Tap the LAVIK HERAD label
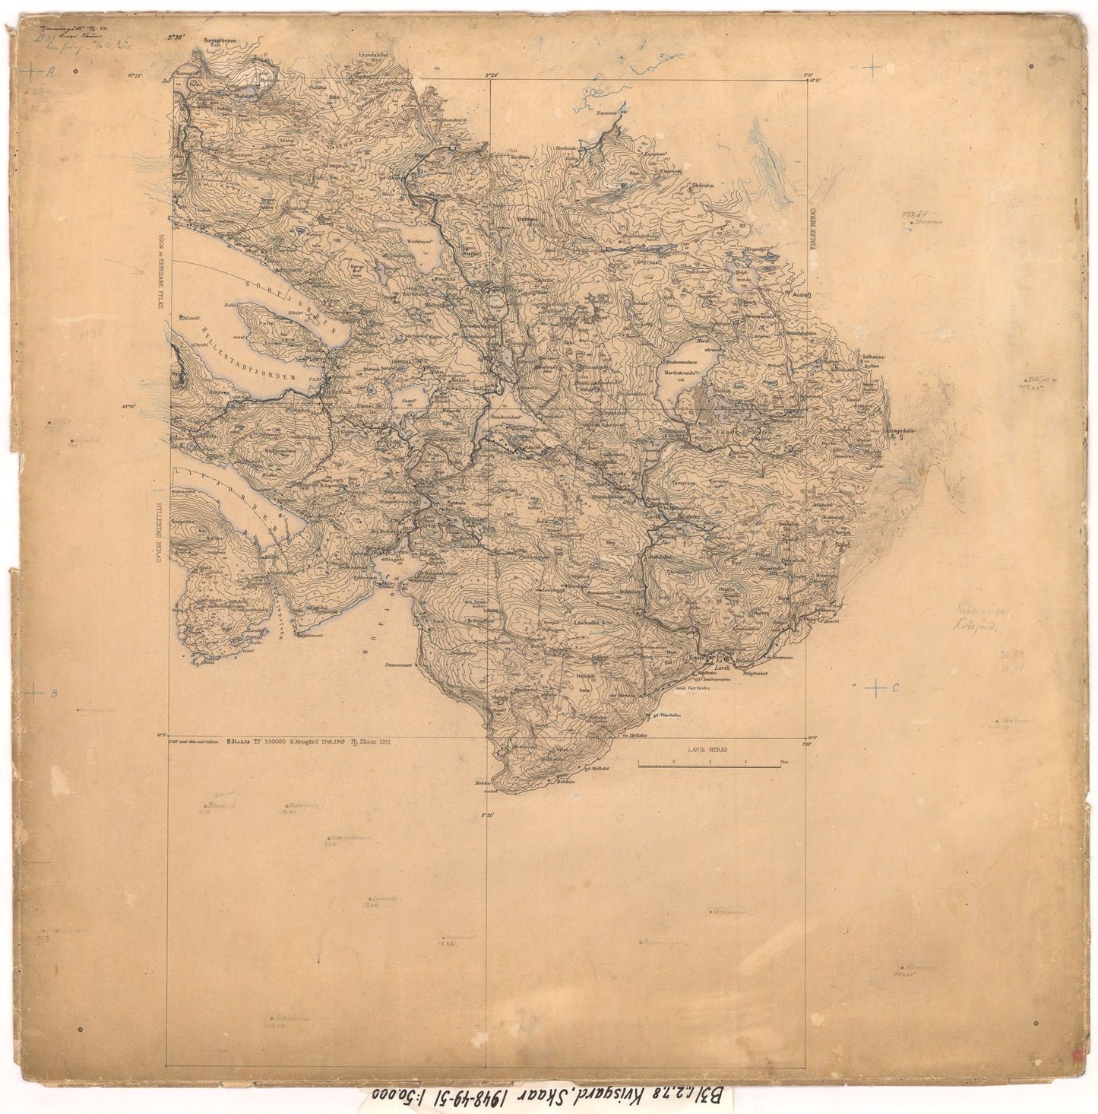tap(707, 749)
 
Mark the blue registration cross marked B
tap(34, 693)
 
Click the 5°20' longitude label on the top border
tap(493, 75)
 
